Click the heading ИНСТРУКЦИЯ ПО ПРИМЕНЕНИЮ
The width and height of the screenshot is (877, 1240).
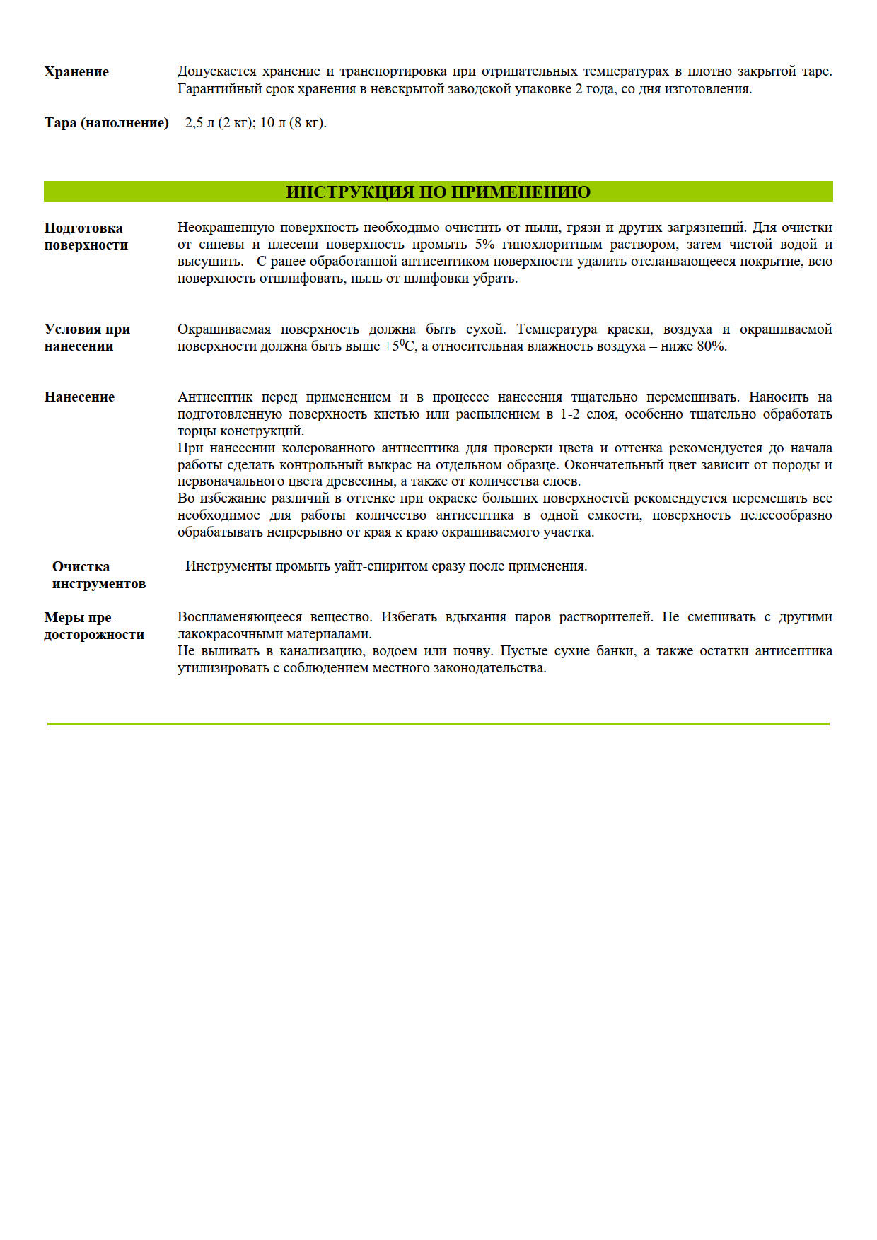438,192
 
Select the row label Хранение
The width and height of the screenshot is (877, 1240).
76,72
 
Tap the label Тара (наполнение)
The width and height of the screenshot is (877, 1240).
106,123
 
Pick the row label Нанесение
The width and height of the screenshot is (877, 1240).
79,397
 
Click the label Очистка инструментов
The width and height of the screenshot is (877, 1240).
98,575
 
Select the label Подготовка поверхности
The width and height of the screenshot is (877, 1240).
86,236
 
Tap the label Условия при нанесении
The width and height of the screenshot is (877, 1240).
87,337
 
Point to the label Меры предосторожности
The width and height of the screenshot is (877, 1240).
93,626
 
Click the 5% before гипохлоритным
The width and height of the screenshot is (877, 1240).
484,245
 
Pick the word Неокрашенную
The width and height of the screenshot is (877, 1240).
225,228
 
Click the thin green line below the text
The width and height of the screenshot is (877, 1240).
438,724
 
